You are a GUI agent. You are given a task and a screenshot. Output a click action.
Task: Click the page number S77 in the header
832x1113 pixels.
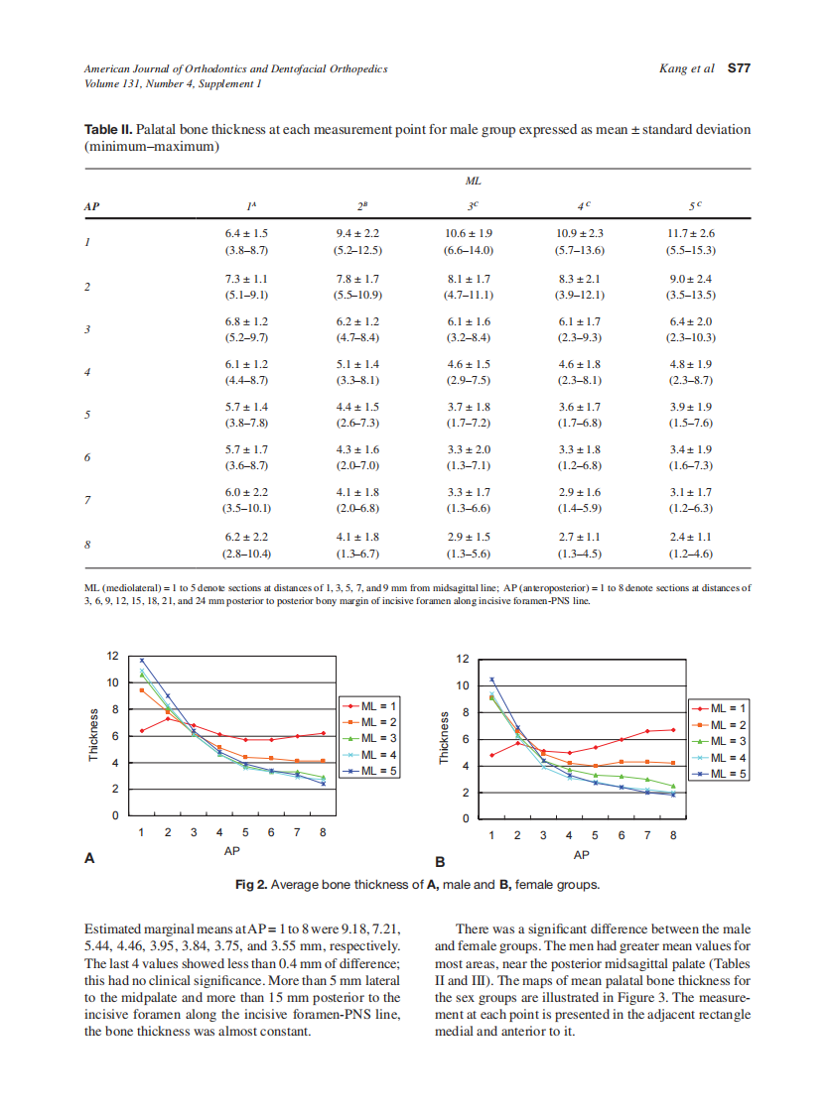tap(738, 69)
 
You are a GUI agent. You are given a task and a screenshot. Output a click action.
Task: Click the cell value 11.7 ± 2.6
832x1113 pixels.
tap(692, 232)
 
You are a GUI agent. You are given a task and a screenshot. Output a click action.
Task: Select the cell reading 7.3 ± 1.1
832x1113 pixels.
tap(247, 279)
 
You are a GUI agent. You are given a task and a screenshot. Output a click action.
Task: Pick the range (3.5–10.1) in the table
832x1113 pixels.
tap(247, 508)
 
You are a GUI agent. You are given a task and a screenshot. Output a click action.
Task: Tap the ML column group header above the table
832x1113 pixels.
tap(473, 183)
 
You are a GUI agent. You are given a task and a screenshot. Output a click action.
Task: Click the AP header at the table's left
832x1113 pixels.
tap(92, 207)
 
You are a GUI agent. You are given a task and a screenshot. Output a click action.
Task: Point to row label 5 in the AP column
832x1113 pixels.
tap(88, 414)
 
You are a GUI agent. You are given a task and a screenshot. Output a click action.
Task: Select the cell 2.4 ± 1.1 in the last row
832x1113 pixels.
tap(692, 536)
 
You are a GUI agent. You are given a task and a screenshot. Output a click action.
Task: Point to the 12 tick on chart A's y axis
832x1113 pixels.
tap(113, 656)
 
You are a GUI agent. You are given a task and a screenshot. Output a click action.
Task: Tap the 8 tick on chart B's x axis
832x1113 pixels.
tap(673, 835)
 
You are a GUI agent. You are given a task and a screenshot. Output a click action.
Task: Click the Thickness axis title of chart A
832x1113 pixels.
tap(93, 735)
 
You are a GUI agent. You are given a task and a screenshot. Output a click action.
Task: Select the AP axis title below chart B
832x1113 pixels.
tap(582, 854)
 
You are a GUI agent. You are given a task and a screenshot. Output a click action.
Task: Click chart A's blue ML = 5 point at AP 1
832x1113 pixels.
tap(142, 660)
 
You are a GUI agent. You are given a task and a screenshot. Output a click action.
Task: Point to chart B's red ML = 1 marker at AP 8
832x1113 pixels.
tap(673, 730)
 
